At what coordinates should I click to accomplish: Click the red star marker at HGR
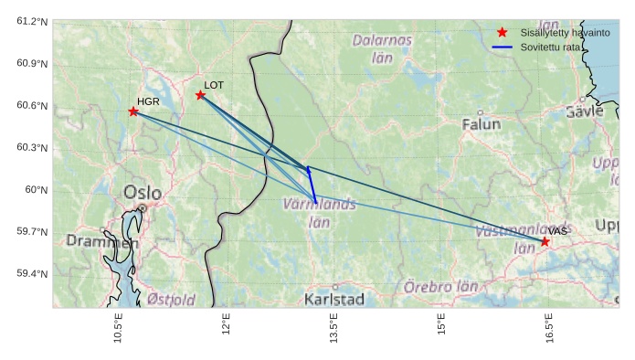(x=133, y=111)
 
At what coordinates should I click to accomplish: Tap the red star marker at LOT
(x=200, y=95)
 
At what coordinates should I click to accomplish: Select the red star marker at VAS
(x=545, y=241)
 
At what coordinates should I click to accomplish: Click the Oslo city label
(x=142, y=193)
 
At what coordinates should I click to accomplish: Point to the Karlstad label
(x=334, y=299)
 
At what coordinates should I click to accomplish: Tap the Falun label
(x=482, y=123)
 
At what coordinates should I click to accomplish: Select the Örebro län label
(x=441, y=287)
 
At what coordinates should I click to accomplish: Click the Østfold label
(x=171, y=299)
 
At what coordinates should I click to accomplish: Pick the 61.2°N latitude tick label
(x=32, y=21)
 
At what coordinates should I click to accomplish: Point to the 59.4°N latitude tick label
(x=32, y=273)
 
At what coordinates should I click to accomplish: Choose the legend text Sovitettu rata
(x=550, y=46)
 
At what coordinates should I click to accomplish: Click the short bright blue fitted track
(x=312, y=185)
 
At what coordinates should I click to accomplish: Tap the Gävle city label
(x=585, y=111)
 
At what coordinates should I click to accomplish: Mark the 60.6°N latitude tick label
(x=32, y=105)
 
